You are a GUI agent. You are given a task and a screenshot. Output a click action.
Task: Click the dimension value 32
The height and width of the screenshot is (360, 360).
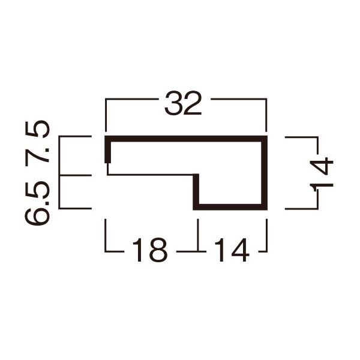[x=185, y=105]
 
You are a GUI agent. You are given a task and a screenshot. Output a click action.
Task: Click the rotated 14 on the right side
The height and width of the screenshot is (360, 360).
[x=322, y=173]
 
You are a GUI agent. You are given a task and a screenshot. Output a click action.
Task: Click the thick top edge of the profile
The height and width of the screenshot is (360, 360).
[x=186, y=139]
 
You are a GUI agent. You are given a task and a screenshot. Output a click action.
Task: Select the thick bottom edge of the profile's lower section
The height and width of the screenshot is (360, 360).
[x=230, y=207]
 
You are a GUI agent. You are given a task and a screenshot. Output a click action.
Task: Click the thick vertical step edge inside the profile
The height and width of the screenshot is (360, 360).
[x=196, y=191]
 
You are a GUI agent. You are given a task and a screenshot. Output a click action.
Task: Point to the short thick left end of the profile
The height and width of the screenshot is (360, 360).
[x=108, y=150]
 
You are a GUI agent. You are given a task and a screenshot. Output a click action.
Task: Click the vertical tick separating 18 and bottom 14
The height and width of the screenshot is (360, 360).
[x=197, y=237]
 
